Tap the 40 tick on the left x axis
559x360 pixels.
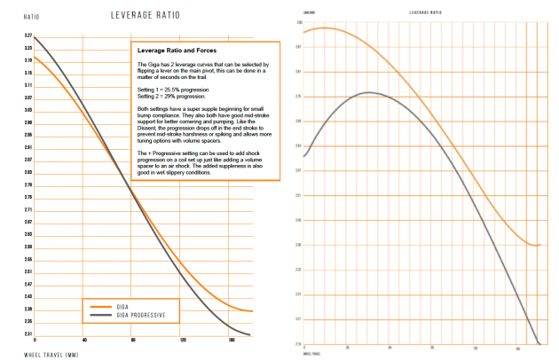84,340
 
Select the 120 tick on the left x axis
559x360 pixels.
183,340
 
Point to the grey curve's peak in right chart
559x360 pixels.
368,92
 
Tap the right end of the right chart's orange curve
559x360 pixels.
539,245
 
